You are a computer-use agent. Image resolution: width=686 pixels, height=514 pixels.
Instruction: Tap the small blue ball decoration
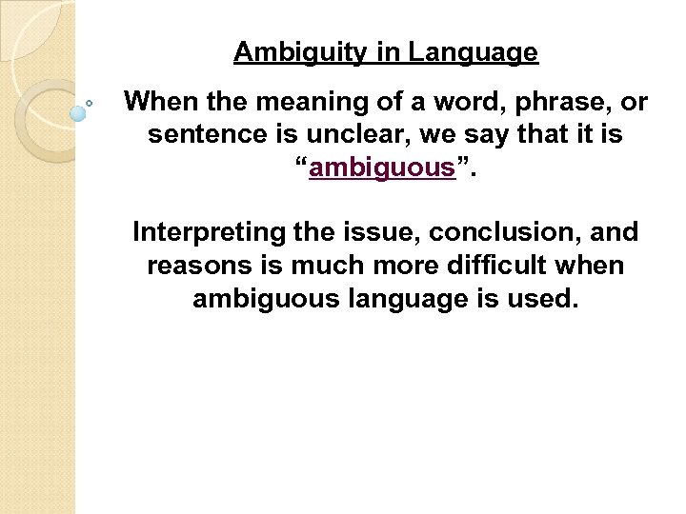(78, 113)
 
